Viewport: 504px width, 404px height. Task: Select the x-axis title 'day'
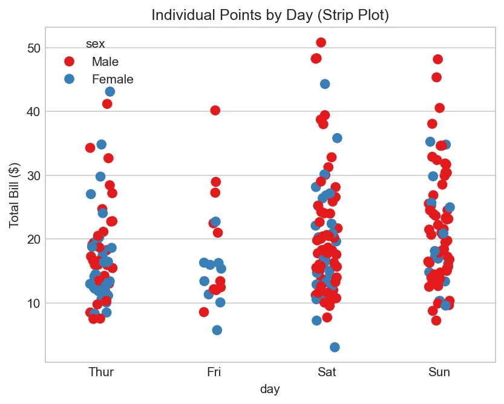coord(270,389)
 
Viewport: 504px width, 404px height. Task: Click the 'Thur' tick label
coord(100,371)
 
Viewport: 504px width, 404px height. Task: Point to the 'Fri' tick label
coord(214,371)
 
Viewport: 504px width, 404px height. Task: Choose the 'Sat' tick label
coord(326,371)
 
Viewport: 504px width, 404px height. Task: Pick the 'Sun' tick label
coord(439,371)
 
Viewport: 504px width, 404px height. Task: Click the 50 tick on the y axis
coord(34,48)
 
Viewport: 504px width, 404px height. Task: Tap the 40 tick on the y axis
coord(34,111)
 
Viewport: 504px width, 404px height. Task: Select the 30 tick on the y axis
coord(34,175)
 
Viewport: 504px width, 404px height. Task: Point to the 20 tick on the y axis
coord(34,239)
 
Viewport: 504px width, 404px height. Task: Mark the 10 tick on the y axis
coord(34,303)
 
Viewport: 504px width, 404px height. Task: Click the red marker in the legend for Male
coord(69,62)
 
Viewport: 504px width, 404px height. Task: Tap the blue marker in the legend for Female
coord(69,79)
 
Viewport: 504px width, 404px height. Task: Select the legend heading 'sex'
coord(95,44)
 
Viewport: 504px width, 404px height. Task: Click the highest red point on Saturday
coord(321,42)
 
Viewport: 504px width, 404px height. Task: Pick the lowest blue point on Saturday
coord(335,347)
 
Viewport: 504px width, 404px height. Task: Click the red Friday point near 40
coord(215,110)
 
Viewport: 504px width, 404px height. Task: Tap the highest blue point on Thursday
coord(110,91)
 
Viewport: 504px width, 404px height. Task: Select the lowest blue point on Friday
coord(217,330)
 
